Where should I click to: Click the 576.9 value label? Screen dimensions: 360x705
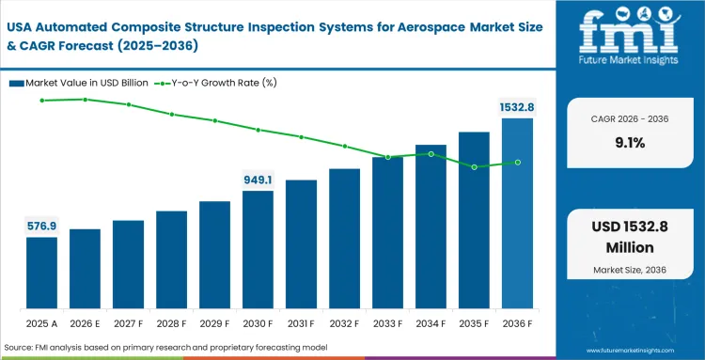(x=41, y=226)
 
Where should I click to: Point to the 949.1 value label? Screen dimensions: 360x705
(x=258, y=180)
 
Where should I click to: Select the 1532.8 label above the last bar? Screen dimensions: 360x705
(x=516, y=107)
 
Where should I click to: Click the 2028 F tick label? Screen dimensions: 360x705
(x=171, y=323)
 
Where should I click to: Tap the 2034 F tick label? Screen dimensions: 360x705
(x=431, y=323)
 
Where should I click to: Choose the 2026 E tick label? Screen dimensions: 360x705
(x=85, y=323)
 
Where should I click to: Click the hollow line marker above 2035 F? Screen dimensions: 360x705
(x=475, y=167)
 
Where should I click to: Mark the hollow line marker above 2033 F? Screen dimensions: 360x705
(x=387, y=157)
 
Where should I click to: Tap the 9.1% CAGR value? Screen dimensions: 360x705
(x=630, y=143)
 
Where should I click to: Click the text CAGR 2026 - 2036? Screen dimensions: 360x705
(x=630, y=119)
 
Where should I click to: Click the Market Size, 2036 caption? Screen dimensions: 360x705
(x=630, y=271)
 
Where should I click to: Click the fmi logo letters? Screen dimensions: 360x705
(x=629, y=34)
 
